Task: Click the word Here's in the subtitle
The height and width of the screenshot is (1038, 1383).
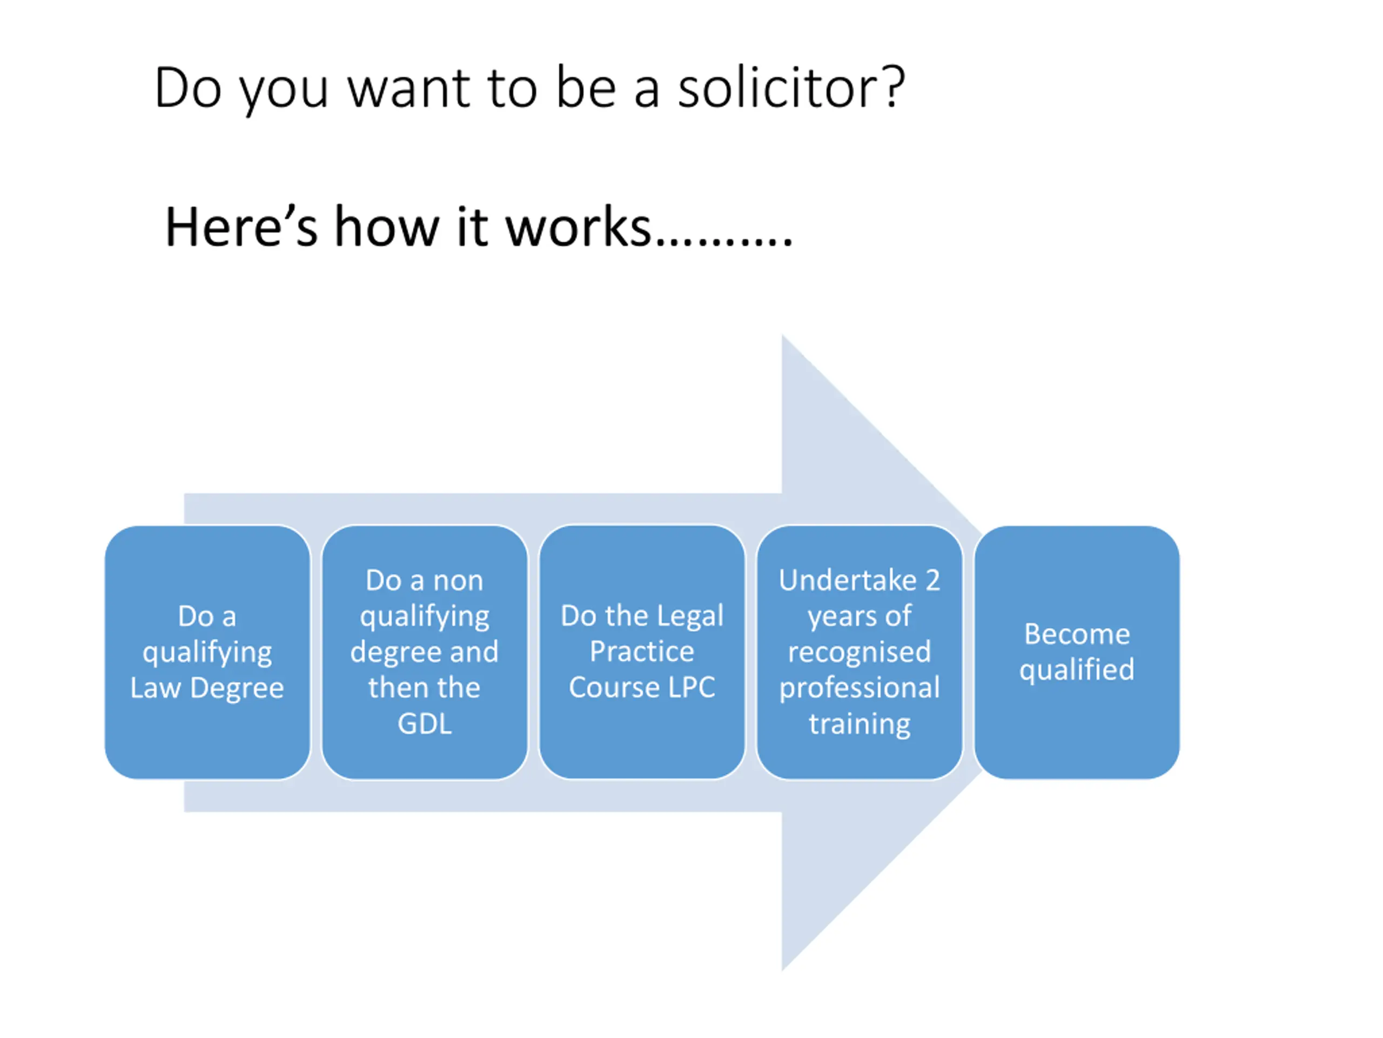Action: click(241, 227)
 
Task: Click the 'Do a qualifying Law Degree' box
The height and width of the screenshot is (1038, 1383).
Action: click(207, 652)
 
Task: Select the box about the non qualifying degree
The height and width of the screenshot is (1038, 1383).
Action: click(425, 652)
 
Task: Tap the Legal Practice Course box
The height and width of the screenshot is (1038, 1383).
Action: click(642, 652)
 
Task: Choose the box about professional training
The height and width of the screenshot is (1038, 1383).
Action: click(860, 652)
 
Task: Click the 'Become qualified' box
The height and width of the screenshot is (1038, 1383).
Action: click(1077, 652)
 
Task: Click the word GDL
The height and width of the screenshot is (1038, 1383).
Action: click(425, 724)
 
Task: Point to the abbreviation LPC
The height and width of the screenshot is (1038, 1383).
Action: click(691, 688)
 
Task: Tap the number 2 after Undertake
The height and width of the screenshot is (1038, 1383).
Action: click(932, 581)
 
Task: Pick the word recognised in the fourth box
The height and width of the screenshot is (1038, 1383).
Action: click(860, 652)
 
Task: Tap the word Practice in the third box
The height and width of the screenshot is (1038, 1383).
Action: click(642, 652)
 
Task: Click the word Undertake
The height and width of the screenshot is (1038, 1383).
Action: click(847, 581)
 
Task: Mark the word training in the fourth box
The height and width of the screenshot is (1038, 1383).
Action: click(860, 724)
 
